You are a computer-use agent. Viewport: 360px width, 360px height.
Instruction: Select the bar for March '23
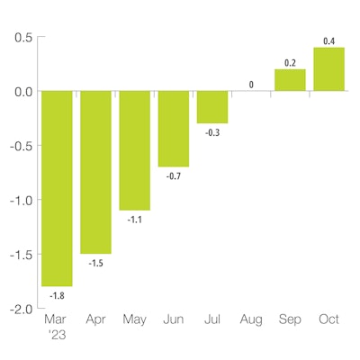click(57, 188)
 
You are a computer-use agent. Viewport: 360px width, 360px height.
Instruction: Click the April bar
click(95, 172)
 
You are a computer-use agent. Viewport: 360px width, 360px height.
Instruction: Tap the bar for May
click(134, 150)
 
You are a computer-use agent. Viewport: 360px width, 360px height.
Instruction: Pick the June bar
click(173, 129)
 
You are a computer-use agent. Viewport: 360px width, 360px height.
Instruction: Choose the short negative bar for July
click(212, 107)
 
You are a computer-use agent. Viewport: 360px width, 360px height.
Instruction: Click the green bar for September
click(290, 80)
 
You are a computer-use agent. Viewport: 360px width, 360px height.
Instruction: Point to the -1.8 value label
click(57, 295)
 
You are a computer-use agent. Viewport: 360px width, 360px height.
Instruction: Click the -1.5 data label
click(95, 263)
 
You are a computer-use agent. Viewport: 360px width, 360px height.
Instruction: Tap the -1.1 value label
click(134, 220)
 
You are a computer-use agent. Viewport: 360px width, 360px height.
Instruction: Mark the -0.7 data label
click(173, 176)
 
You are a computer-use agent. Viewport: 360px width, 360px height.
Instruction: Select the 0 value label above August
click(251, 84)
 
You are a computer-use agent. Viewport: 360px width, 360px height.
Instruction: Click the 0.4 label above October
click(328, 40)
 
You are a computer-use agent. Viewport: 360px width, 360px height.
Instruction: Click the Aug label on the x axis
click(251, 319)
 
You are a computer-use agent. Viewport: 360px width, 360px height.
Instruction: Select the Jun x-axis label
click(173, 319)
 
